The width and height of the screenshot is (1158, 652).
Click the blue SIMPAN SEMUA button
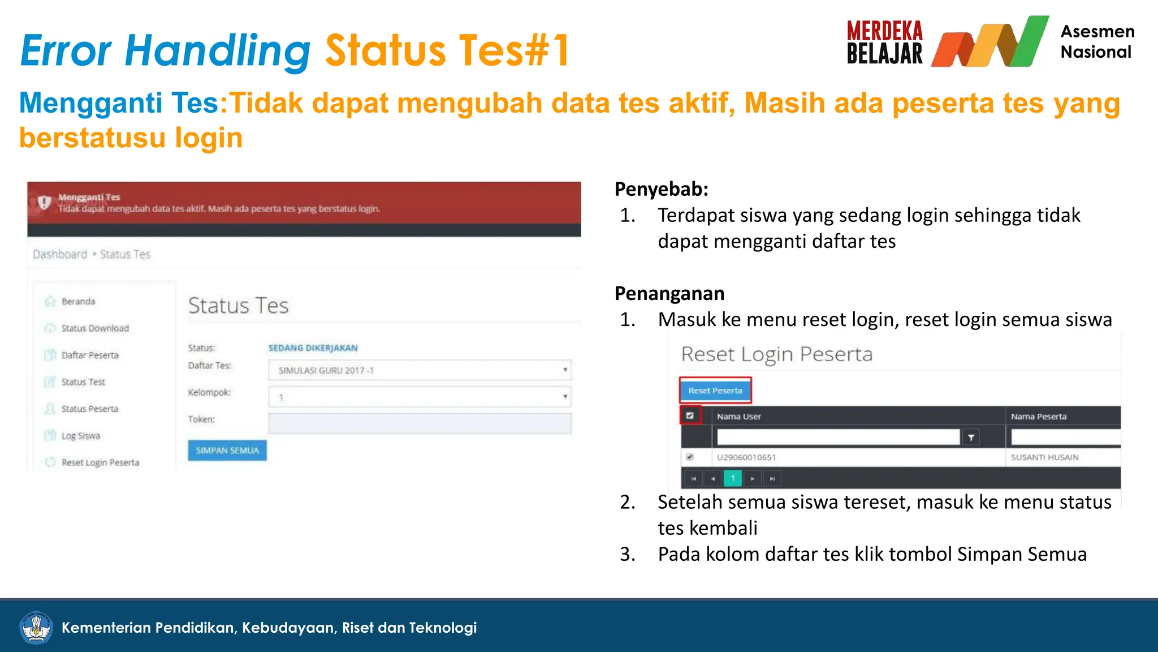click(x=227, y=451)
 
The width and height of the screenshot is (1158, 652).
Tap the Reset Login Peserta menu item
click(x=100, y=462)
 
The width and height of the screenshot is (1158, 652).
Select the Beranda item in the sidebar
click(x=78, y=302)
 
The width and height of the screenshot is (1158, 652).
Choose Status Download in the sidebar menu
click(x=95, y=328)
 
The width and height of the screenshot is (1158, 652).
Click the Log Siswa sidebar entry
click(x=80, y=436)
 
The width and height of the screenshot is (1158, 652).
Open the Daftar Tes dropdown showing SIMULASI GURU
click(x=420, y=370)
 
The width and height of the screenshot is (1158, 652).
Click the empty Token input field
click(x=420, y=423)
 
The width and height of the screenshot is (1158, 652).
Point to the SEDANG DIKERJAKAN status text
click(x=313, y=348)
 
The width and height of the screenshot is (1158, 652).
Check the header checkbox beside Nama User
click(x=690, y=415)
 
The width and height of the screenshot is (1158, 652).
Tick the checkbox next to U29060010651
click(x=690, y=457)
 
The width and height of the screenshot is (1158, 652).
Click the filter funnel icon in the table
click(x=971, y=437)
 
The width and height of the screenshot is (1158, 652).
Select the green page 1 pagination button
click(x=733, y=479)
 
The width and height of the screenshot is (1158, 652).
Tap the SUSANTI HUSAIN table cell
click(x=1044, y=457)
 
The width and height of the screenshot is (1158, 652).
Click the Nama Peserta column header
click(x=1039, y=417)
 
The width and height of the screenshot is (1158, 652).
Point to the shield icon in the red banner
click(x=44, y=202)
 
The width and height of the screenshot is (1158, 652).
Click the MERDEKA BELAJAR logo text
click(x=884, y=42)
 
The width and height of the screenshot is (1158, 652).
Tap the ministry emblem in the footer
click(x=36, y=627)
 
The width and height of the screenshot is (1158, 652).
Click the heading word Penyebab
click(x=661, y=189)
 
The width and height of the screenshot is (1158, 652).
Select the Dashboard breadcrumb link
click(x=60, y=255)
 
